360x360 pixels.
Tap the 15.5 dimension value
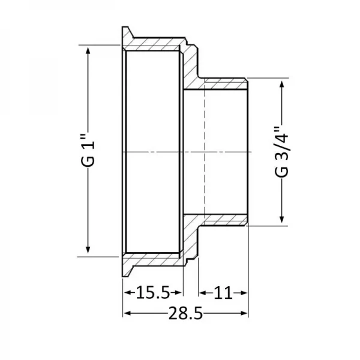153,293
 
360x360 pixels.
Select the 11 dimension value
223,293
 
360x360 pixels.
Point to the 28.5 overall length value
186,315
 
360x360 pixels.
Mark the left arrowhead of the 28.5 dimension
127,314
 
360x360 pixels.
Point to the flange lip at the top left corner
127,33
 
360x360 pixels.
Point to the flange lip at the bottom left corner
127,269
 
